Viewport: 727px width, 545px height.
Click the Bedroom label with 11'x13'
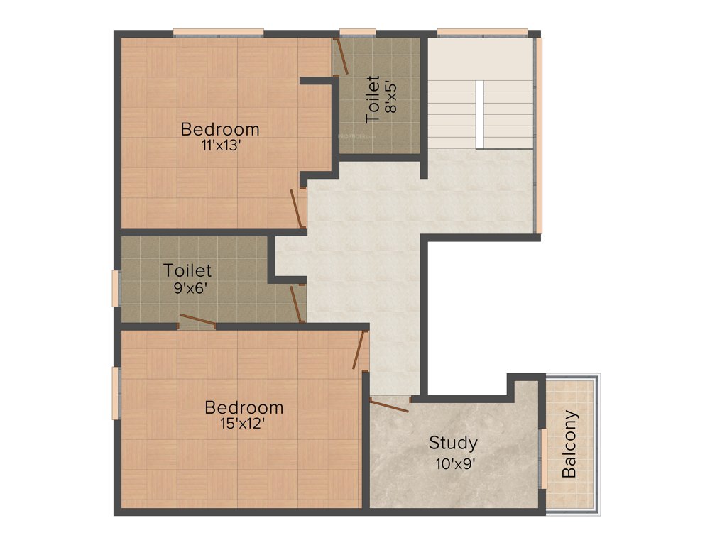point(220,130)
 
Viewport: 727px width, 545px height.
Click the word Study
point(453,444)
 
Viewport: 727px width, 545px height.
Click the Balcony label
point(569,444)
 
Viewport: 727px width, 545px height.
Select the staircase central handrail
point(480,114)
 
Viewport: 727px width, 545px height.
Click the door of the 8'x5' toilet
point(341,56)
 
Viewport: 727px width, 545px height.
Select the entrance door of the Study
point(388,405)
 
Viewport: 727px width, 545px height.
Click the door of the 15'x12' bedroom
point(361,349)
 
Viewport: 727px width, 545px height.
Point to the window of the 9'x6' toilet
point(116,288)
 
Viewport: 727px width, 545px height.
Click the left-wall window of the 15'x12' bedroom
point(116,392)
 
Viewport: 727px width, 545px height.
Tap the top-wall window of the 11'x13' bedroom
point(218,32)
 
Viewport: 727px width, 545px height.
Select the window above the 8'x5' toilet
point(357,32)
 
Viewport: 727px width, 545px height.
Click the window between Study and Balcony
point(542,458)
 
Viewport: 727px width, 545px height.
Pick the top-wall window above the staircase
point(482,32)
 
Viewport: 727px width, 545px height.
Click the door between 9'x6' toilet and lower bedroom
point(197,321)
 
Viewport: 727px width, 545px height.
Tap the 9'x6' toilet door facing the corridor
point(296,304)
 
